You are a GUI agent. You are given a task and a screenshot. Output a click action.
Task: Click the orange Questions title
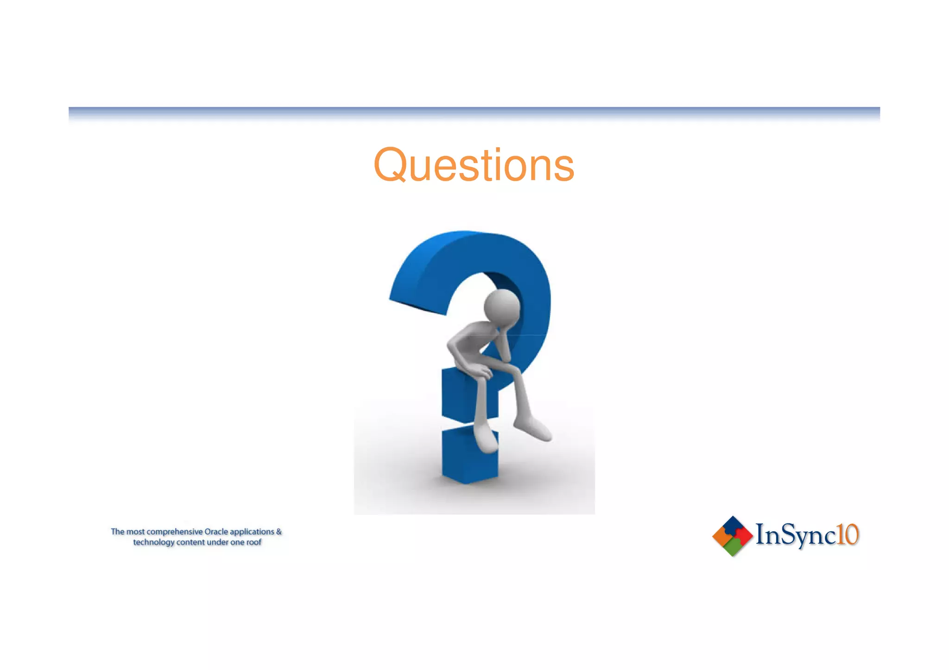coord(474,165)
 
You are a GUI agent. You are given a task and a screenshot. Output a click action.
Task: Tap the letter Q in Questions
coord(391,165)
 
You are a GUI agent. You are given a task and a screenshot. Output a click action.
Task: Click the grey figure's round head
coord(502,307)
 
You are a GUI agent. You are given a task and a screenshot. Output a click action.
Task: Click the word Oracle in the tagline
coord(216,532)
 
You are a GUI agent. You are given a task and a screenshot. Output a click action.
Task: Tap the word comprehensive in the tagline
coord(175,532)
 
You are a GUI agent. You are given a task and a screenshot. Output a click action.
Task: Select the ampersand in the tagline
coord(279,532)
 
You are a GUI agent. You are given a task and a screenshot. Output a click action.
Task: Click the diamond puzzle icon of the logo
coord(732,536)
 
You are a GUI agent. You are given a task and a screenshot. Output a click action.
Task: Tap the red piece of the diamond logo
coord(743,536)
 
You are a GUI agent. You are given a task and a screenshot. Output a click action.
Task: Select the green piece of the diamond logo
coord(732,547)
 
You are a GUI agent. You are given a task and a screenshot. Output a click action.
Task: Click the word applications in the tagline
coord(252,532)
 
